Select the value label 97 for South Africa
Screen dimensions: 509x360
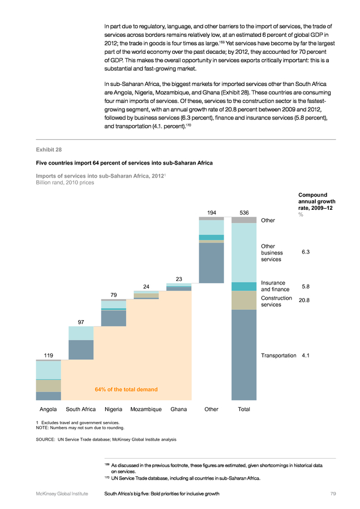(81, 322)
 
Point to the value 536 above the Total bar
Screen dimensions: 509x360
(244, 213)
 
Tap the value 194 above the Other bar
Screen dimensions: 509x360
(211, 213)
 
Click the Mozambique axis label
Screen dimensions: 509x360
(146, 409)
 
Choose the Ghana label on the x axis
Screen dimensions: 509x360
(178, 409)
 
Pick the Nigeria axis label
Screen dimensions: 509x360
(114, 409)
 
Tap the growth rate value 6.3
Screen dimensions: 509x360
(306, 252)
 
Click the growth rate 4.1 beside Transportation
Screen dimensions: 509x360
(306, 355)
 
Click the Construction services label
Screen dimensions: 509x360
(276, 301)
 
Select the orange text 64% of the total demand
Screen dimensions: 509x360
(126, 390)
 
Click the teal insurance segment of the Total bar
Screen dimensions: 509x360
(244, 286)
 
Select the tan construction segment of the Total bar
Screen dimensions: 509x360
(244, 300)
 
